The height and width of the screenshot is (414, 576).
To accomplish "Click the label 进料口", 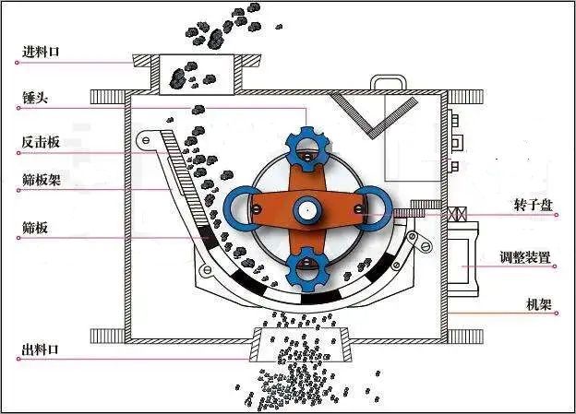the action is point(41,52).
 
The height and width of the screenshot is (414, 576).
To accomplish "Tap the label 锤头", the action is point(35,98).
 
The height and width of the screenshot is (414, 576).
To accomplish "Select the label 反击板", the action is point(41,142).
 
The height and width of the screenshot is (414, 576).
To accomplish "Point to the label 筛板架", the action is point(42,180).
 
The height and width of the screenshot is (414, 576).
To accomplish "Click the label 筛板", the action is point(35,228).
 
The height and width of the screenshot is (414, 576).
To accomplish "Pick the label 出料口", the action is point(41,349).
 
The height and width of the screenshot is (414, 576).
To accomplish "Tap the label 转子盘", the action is point(534,206).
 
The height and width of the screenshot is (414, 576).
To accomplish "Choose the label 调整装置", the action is point(525,257).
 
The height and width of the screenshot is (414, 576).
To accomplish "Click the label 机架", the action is point(539,304).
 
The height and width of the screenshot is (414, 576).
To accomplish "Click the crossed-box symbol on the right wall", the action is point(457,214).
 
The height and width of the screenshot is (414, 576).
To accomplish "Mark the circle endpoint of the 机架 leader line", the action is point(557,313).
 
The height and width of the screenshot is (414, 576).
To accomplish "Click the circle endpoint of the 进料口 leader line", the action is point(17,63).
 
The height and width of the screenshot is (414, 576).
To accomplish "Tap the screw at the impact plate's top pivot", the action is point(146,140).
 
